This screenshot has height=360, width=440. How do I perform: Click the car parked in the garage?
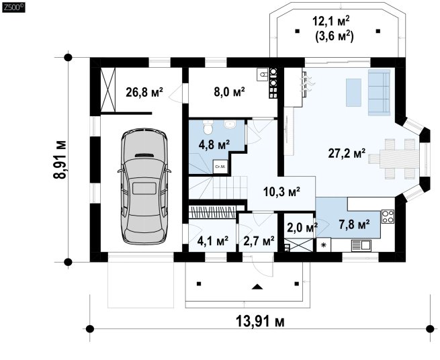pyautogui.click(x=144, y=186)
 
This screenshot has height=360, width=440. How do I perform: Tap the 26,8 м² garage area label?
pyautogui.click(x=144, y=92)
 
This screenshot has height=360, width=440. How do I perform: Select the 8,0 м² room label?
pyautogui.click(x=229, y=92)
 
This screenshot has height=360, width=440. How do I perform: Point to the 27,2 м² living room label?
pyautogui.click(x=347, y=153)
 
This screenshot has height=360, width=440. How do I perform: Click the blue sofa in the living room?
pyautogui.click(x=379, y=92)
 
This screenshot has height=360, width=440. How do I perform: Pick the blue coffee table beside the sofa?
pyautogui.click(x=353, y=93)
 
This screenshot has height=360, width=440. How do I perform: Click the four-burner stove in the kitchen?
pyautogui.click(x=388, y=216)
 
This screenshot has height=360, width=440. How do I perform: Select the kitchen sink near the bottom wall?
pyautogui.click(x=361, y=246)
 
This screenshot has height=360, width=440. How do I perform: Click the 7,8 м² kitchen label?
pyautogui.click(x=354, y=224)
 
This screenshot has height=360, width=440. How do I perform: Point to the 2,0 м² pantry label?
pyautogui.click(x=302, y=227)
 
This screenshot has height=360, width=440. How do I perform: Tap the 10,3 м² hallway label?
pyautogui.click(x=281, y=191)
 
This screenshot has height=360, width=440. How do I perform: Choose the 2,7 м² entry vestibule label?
pyautogui.click(x=259, y=240)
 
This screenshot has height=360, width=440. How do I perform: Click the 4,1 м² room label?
pyautogui.click(x=213, y=240)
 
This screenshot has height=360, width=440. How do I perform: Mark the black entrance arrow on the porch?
pyautogui.click(x=257, y=287)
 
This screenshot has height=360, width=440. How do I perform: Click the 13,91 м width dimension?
pyautogui.click(x=260, y=322)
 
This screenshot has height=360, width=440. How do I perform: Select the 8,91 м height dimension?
pyautogui.click(x=60, y=159)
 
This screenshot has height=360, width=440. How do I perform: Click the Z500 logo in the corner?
pyautogui.click(x=13, y=7)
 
